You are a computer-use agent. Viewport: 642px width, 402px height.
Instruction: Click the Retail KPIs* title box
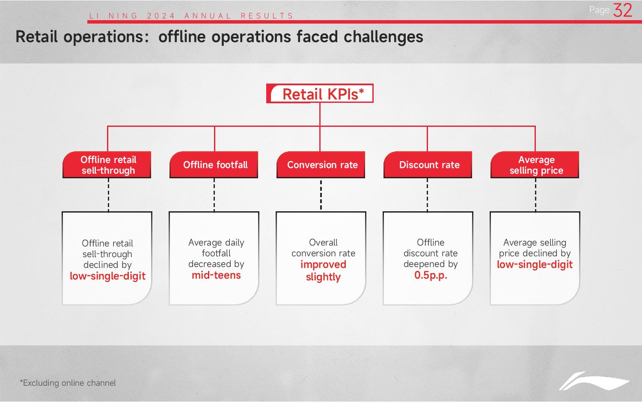[320, 93]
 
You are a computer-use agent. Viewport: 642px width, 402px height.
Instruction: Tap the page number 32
[622, 10]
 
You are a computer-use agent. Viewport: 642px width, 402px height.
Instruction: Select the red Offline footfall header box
[214, 165]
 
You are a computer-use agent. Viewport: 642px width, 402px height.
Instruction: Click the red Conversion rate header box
[321, 165]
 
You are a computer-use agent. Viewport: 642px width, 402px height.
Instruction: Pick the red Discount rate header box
[428, 165]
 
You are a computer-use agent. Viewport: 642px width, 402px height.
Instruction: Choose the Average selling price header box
[535, 165]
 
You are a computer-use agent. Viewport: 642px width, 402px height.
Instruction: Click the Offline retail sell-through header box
[107, 165]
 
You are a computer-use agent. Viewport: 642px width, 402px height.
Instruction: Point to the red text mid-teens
[216, 275]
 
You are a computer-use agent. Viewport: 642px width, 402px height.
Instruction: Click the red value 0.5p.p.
[431, 275]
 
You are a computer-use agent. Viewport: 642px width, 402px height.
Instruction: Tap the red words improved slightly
[323, 270]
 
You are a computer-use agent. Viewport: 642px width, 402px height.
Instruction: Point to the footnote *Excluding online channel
[68, 383]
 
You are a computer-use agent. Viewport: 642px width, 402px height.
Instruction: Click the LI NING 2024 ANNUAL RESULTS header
[191, 16]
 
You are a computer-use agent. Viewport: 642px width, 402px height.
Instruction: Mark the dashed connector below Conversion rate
[321, 195]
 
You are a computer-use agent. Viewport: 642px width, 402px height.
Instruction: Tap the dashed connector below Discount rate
[427, 195]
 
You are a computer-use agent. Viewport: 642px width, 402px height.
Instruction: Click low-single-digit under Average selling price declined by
[535, 264]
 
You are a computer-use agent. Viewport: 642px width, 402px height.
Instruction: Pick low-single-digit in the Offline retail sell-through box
[107, 276]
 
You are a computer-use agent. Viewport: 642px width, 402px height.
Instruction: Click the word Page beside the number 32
[599, 10]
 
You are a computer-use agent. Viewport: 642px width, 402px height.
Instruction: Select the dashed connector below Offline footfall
[214, 195]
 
